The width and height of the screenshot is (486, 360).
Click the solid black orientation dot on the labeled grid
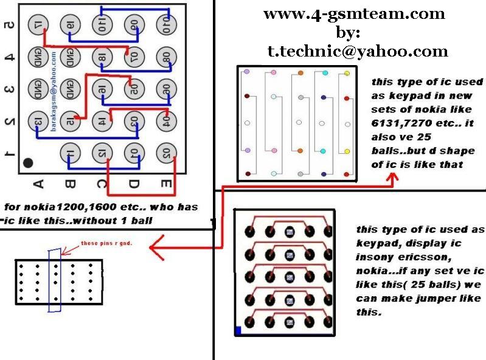pyautogui.click(x=28, y=163)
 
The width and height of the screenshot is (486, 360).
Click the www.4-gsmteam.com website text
pyautogui.click(x=354, y=13)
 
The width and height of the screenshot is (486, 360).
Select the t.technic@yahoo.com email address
pyautogui.click(x=358, y=52)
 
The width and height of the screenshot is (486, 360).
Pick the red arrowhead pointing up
pyautogui.click(x=392, y=179)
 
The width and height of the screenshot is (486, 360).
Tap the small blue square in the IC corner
pyautogui.click(x=238, y=331)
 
